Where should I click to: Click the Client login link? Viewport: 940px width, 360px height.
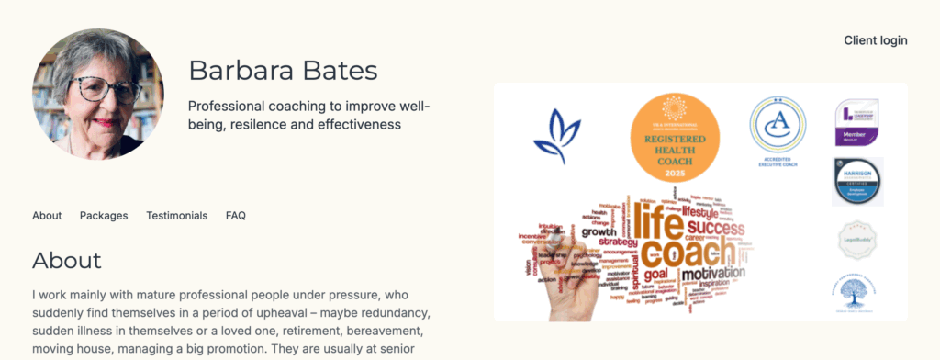click(x=875, y=40)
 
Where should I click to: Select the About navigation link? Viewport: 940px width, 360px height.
click(x=47, y=216)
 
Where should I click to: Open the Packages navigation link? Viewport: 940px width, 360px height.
click(x=104, y=216)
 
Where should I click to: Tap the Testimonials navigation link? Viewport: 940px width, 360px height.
click(x=176, y=216)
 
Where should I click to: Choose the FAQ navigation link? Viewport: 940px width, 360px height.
click(x=236, y=216)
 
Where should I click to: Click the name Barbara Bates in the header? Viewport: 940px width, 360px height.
click(x=283, y=71)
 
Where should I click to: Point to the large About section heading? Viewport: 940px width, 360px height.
click(x=67, y=260)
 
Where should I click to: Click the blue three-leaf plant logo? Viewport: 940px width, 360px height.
click(x=556, y=136)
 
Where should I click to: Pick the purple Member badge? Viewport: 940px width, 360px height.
click(x=856, y=122)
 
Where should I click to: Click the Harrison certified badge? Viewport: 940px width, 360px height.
click(x=856, y=181)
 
